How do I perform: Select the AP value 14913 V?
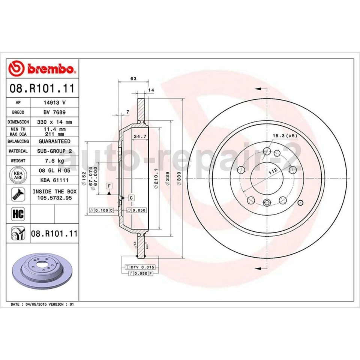[x=54, y=102]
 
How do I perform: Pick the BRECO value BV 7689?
[x=54, y=112]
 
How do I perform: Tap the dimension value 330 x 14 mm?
[x=54, y=122]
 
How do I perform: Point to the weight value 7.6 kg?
[x=54, y=161]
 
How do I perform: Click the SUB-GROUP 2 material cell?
[x=54, y=151]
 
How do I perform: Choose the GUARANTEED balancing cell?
[x=54, y=141]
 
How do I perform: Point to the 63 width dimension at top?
[x=133, y=78]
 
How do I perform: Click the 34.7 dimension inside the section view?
[x=140, y=137]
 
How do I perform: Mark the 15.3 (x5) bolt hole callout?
[x=279, y=136]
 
